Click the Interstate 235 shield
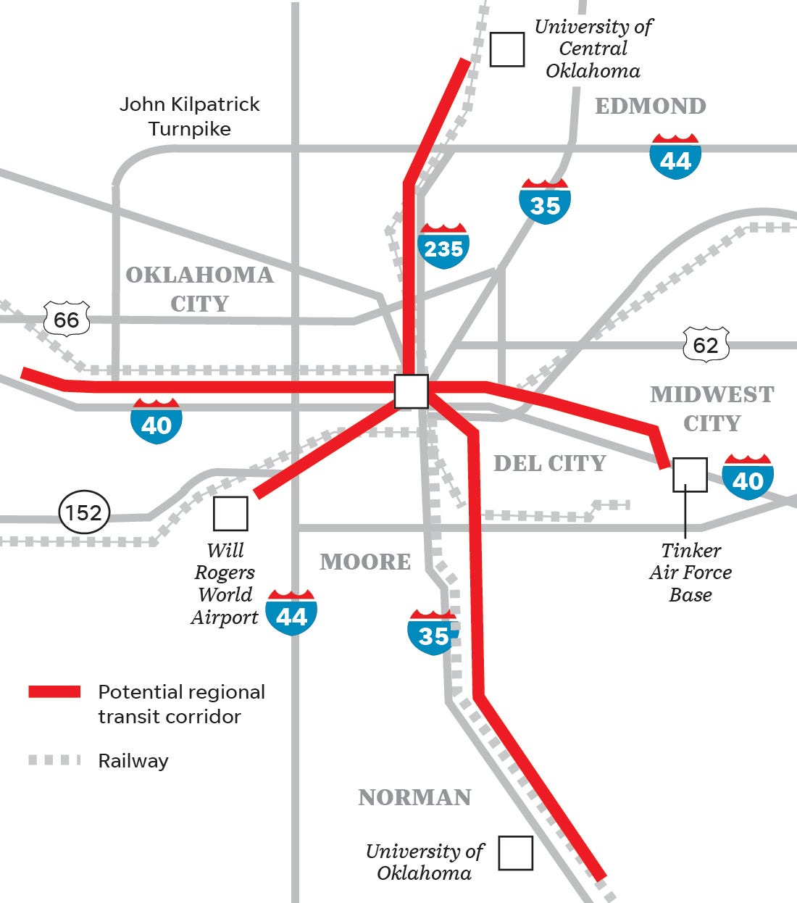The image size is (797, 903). (443, 246)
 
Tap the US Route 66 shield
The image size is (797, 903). (67, 319)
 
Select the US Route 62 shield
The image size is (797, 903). (706, 344)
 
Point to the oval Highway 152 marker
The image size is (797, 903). (84, 512)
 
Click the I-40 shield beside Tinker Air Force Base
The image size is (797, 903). (748, 478)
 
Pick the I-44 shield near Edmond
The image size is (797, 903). (675, 157)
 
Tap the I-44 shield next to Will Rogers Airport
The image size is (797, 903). (291, 613)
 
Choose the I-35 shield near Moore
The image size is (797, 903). (433, 633)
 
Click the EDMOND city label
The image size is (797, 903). (650, 106)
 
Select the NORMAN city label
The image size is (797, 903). (414, 797)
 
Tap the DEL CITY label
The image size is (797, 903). (549, 463)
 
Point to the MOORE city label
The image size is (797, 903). (365, 562)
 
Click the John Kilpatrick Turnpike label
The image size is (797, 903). (189, 116)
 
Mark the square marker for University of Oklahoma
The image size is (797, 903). (515, 853)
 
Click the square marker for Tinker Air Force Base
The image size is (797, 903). (690, 475)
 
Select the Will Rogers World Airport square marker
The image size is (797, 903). (230, 514)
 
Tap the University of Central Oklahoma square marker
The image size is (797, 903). (507, 49)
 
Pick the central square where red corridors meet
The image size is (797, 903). (411, 391)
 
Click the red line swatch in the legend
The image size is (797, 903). (54, 691)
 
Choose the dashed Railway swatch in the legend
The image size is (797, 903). (54, 760)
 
